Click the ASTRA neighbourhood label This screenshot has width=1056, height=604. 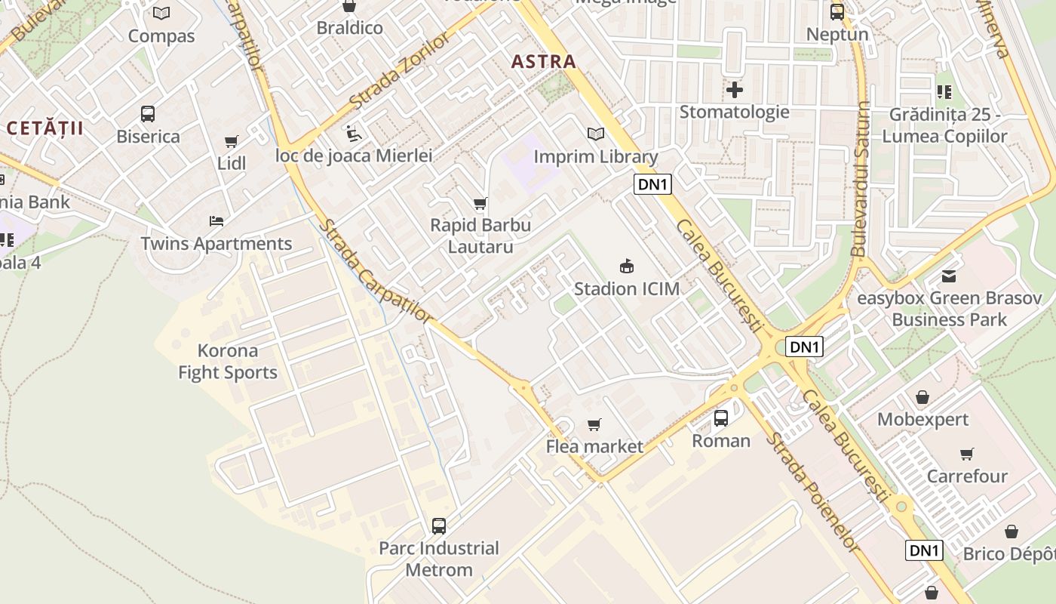tap(543, 62)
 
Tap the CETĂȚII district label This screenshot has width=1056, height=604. tap(45, 128)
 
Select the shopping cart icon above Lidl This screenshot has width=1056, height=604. tap(232, 141)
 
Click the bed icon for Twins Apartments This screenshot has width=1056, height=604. tap(216, 221)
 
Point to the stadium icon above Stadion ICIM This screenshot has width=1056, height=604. tap(626, 266)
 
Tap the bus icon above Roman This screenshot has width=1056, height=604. tap(721, 418)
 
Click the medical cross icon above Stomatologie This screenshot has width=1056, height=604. tap(734, 90)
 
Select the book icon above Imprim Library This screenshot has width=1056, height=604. tap(596, 134)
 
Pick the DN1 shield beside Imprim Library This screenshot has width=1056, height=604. tap(652, 184)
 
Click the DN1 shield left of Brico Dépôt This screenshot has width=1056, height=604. tap(924, 550)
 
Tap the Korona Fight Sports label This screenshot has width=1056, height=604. tap(228, 362)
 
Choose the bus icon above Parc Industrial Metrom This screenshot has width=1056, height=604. tap(439, 525)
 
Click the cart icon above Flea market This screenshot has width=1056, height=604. tap(594, 424)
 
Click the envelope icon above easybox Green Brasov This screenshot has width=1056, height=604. tap(949, 276)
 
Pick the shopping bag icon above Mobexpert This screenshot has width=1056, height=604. tap(922, 397)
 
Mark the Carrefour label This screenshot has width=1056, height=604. tap(967, 476)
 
